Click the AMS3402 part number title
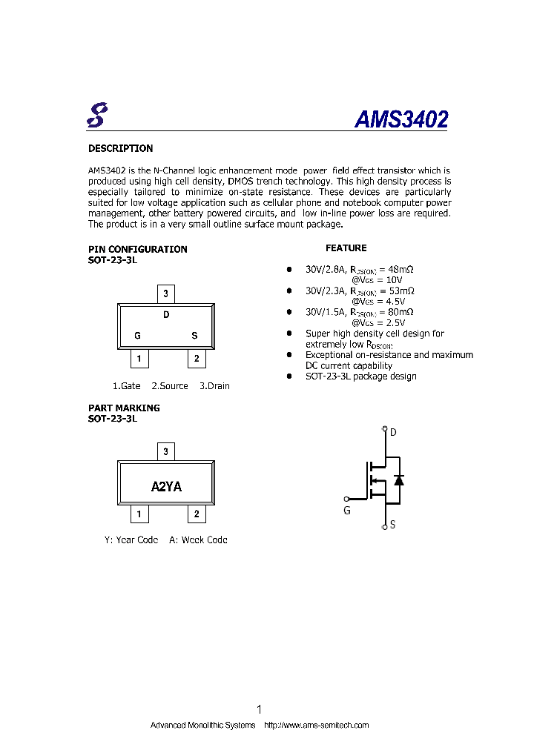tap(400, 119)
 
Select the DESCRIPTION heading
tap(120, 148)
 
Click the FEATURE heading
tap(346, 248)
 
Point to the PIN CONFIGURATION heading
tap(137, 249)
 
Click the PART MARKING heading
tap(124, 408)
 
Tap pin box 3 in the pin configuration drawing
tap(165, 294)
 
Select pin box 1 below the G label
tap(138, 359)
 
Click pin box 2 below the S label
tap(197, 359)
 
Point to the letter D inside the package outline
tap(166, 315)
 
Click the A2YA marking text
tap(166, 486)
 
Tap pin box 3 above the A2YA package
tap(165, 451)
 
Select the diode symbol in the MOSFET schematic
tap(399, 479)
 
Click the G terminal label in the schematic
tap(346, 511)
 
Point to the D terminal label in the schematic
tap(393, 432)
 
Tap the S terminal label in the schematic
tap(392, 525)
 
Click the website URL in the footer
tap(317, 725)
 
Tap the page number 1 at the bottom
tap(259, 709)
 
